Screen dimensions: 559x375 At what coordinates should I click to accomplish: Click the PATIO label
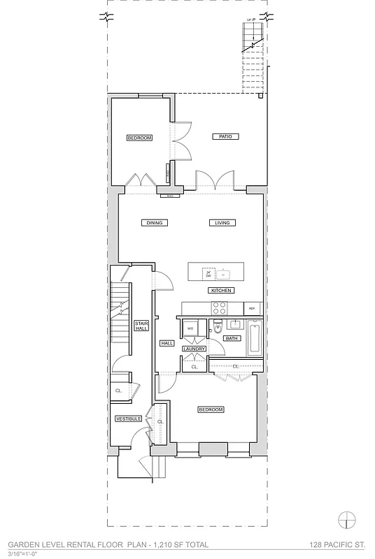tap(222, 137)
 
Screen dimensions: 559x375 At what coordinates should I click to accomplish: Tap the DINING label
tap(154, 223)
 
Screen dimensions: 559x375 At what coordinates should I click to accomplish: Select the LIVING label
tap(222, 223)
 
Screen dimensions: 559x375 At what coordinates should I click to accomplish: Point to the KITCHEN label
tap(220, 290)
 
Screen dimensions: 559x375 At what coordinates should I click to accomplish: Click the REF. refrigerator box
tap(252, 308)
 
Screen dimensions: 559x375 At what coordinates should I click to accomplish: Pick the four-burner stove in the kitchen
tap(219, 308)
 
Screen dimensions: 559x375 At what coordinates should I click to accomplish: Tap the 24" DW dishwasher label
tap(208, 274)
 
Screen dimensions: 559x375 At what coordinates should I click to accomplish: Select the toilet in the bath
tap(218, 325)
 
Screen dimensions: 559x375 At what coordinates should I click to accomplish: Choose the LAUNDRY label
tap(194, 348)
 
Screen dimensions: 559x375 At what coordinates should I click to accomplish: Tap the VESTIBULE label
tap(129, 419)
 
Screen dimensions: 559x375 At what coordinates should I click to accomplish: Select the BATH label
tap(231, 338)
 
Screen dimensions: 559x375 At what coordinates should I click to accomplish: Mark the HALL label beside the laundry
tap(167, 343)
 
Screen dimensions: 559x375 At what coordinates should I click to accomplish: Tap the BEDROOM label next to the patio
tap(139, 138)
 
